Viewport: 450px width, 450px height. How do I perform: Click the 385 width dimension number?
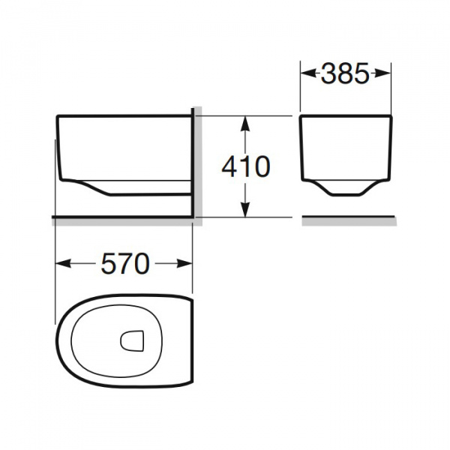coord(345,73)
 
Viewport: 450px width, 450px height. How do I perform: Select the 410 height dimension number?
coord(246,166)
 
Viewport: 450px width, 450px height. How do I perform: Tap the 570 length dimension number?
coord(125,263)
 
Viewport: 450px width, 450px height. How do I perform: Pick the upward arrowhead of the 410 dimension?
coord(244,124)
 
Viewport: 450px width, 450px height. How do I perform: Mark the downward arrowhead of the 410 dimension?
coord(244,209)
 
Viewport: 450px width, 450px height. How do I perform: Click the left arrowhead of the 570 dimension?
coord(63,263)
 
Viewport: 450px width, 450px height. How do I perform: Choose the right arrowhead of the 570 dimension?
coord(184,263)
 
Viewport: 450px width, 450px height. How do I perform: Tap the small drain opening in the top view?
coord(132,340)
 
